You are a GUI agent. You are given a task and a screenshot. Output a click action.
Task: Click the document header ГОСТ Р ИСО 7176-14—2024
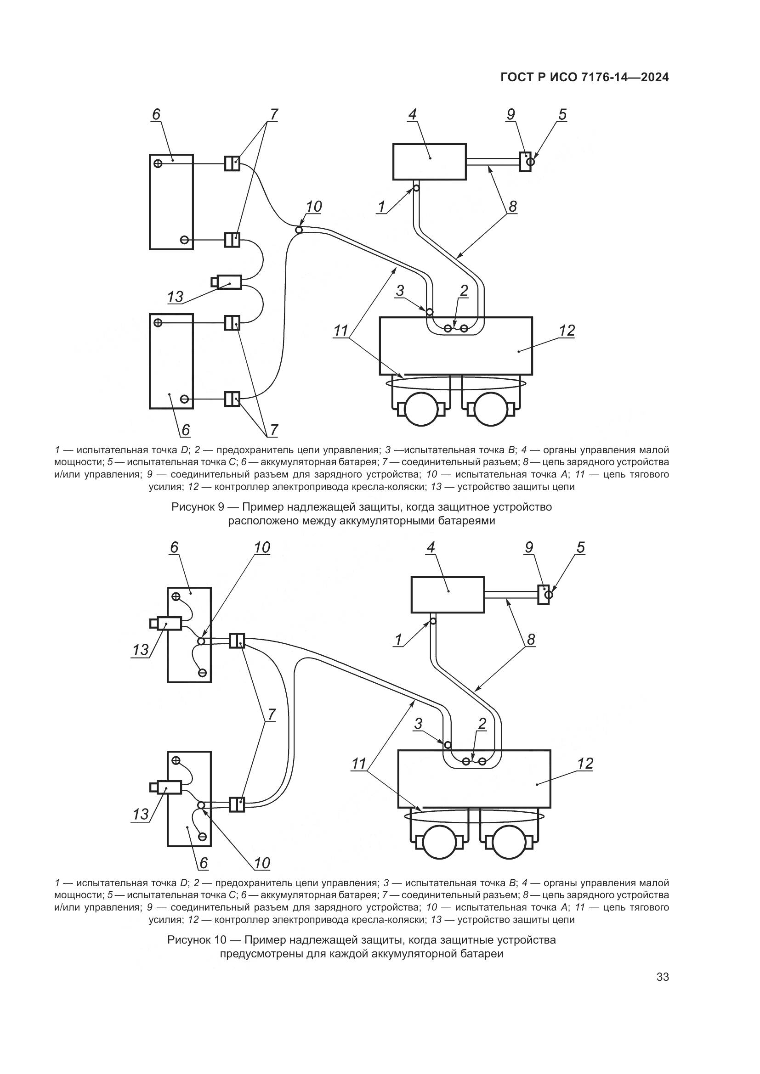pyautogui.click(x=584, y=78)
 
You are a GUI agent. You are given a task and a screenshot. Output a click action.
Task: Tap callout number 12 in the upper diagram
pyautogui.click(x=567, y=331)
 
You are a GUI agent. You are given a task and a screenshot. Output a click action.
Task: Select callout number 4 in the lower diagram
pyautogui.click(x=431, y=547)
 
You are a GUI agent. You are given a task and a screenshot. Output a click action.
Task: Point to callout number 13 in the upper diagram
pyautogui.click(x=175, y=297)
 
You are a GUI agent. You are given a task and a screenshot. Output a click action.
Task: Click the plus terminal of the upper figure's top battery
pyautogui.click(x=158, y=163)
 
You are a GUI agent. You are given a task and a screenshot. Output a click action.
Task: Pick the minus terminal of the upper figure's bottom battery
pyautogui.click(x=184, y=399)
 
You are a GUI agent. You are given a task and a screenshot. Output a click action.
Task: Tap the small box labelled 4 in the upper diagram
pyautogui.click(x=429, y=161)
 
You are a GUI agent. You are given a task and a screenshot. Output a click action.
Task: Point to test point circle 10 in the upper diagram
pyautogui.click(x=299, y=229)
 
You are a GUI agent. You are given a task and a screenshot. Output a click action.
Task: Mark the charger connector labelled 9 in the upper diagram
pyautogui.click(x=525, y=161)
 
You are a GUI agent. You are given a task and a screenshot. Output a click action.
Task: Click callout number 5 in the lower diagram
pyautogui.click(x=581, y=547)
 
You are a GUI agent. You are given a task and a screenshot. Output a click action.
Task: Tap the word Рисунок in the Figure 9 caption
pyautogui.click(x=193, y=507)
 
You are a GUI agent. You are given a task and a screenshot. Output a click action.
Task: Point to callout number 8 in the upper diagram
pyautogui.click(x=512, y=206)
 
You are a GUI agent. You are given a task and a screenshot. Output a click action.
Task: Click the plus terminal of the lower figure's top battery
pyautogui.click(x=176, y=596)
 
